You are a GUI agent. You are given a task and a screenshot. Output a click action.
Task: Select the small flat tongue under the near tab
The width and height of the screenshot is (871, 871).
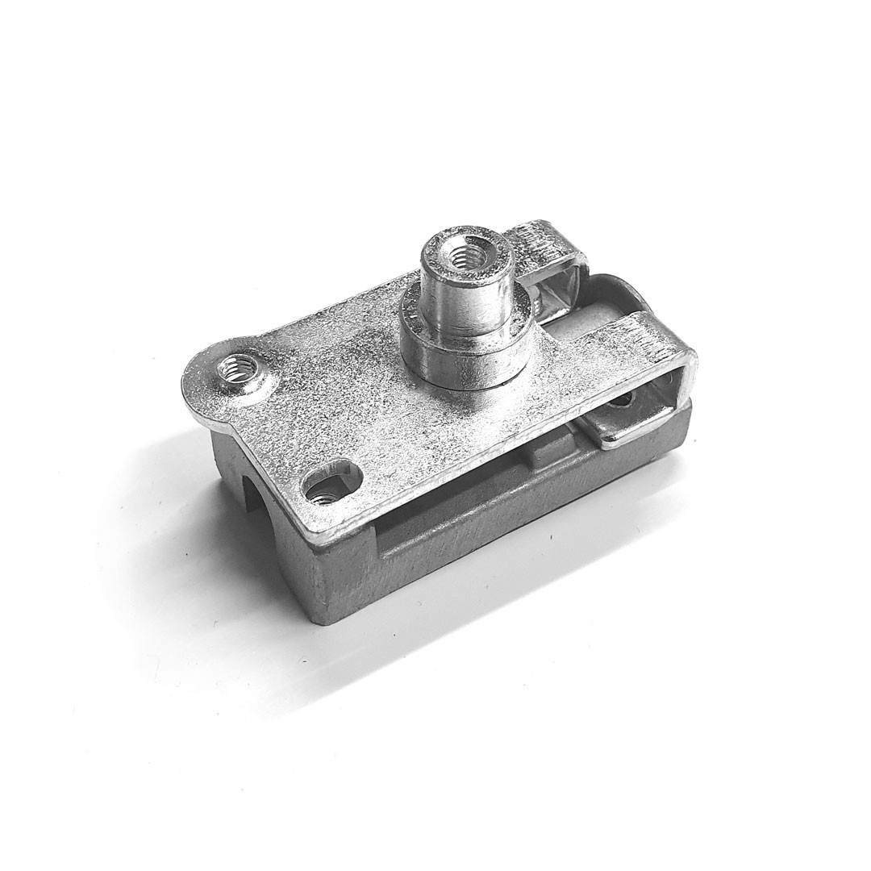(x=629, y=427)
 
